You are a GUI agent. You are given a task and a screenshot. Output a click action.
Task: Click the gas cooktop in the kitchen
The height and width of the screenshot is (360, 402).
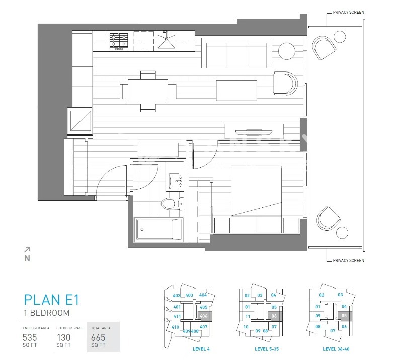(x=118, y=41)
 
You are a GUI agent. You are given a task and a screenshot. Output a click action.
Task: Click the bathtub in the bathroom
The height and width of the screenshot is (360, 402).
(x=158, y=229)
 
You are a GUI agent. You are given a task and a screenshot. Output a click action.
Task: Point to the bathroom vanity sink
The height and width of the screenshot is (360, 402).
(x=176, y=181)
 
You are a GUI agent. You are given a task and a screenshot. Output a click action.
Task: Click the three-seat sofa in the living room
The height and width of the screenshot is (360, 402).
(x=236, y=53)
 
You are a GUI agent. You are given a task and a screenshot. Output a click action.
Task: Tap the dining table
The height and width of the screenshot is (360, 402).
(x=148, y=91)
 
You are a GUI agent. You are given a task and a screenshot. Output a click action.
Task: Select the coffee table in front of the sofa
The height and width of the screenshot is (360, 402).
(x=236, y=91)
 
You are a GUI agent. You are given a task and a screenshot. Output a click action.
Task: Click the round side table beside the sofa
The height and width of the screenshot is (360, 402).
(x=286, y=51)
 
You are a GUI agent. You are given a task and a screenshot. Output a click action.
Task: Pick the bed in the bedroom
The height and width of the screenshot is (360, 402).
(x=256, y=199)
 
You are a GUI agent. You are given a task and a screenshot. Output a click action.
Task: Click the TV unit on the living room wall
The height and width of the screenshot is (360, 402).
(x=254, y=131)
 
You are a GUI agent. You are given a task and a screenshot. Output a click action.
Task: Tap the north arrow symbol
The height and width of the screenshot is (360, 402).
(x=27, y=254)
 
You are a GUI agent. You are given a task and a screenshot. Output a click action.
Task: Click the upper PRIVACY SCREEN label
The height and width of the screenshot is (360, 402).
(x=348, y=12)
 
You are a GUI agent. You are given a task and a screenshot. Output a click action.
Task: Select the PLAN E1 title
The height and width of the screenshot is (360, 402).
(x=51, y=300)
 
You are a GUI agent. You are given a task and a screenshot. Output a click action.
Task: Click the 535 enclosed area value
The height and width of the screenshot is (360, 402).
(x=30, y=337)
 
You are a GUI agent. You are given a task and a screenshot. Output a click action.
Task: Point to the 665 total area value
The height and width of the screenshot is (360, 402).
(x=98, y=337)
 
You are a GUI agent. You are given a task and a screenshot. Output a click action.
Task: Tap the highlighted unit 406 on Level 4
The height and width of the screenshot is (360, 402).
(x=204, y=316)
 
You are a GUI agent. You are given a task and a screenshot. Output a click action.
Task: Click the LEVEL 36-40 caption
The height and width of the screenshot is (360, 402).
(x=336, y=349)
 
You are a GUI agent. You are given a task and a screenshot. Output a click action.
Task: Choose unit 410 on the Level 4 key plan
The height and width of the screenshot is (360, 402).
(x=175, y=327)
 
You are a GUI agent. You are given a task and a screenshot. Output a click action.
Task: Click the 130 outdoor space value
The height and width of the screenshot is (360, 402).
(x=63, y=337)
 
